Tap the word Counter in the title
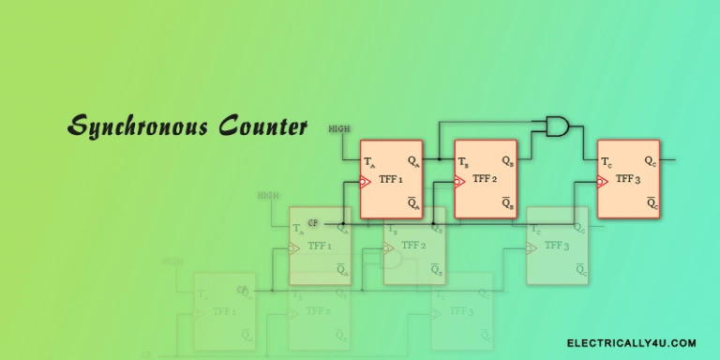[262, 127]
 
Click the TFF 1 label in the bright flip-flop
[390, 179]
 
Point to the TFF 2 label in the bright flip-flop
[484, 179]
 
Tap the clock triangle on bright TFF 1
[367, 182]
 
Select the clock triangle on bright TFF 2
[460, 182]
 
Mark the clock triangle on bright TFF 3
[604, 182]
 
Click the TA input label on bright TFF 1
[369, 162]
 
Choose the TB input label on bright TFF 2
[463, 162]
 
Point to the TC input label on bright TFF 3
[607, 162]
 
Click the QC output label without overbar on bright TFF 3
[650, 161]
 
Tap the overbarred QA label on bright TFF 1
[412, 203]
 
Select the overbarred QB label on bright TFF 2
[506, 203]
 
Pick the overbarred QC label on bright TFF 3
[650, 203]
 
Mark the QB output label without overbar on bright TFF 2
[506, 161]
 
